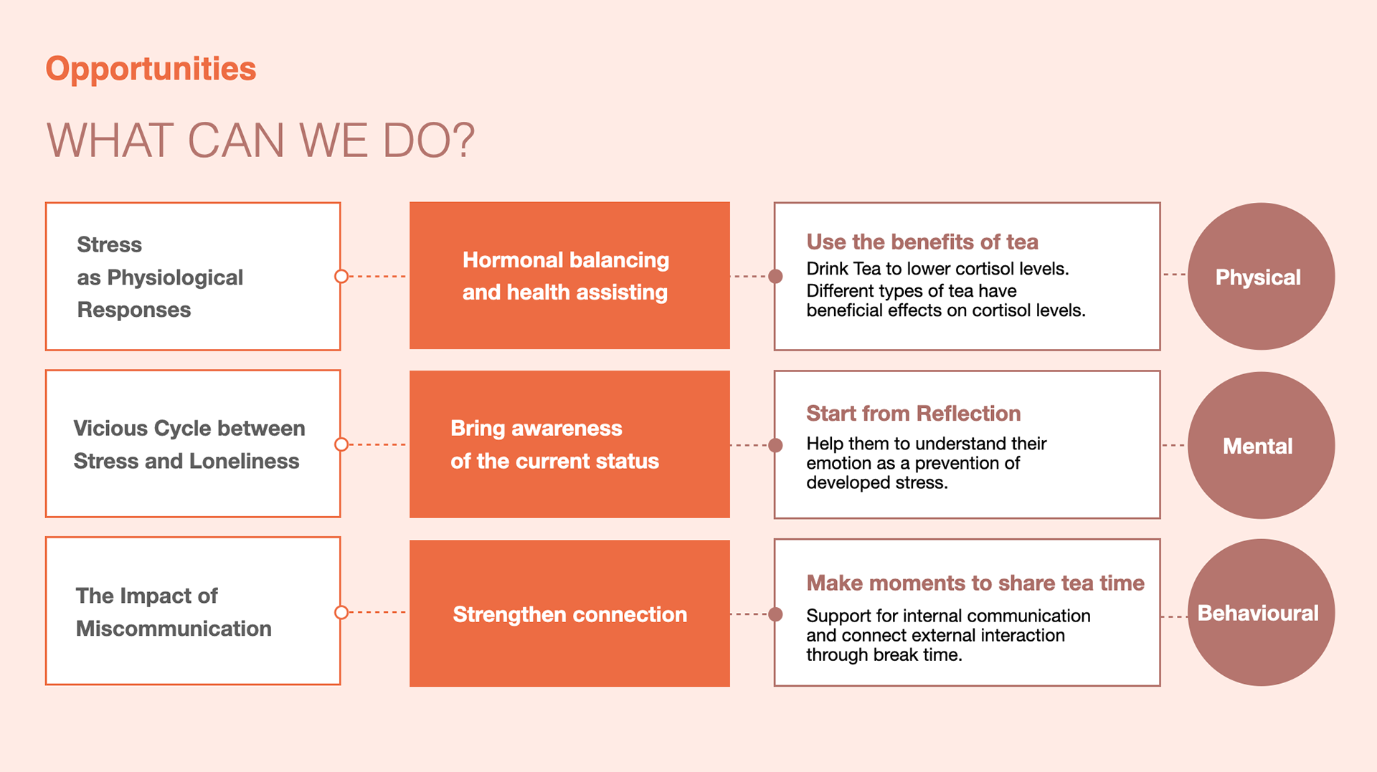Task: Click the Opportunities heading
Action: (151, 70)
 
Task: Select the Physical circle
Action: (1261, 277)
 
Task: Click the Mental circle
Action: (1261, 445)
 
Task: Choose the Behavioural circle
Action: (1261, 613)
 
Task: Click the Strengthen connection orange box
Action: (569, 614)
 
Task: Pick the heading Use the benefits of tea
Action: (922, 242)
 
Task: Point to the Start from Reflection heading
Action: (913, 414)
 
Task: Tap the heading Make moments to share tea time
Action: (975, 583)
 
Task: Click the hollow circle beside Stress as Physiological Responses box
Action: (341, 277)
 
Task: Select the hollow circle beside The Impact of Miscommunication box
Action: (341, 612)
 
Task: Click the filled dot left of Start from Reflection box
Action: (775, 445)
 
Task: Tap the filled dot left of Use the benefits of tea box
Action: (775, 277)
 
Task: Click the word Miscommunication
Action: (174, 629)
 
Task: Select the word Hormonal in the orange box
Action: (513, 259)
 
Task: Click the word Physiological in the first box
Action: (175, 278)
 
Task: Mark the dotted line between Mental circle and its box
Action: (1174, 445)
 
